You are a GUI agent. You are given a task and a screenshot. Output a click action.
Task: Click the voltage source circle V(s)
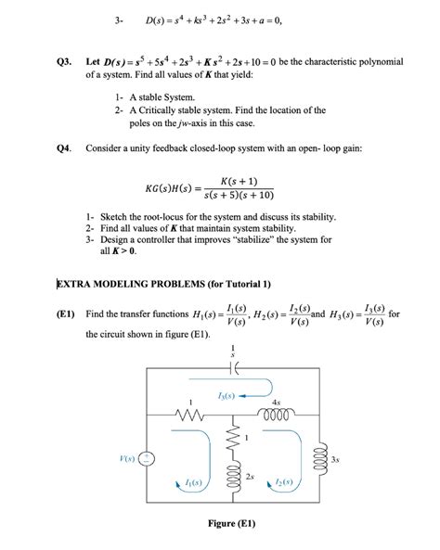pyautogui.click(x=153, y=459)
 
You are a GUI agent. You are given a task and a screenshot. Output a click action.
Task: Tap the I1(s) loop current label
pyautogui.click(x=195, y=483)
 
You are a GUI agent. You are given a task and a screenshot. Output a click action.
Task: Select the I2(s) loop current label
pyautogui.click(x=284, y=483)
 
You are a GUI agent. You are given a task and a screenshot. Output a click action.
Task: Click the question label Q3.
pyautogui.click(x=64, y=61)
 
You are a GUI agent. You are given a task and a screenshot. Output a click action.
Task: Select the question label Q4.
pyautogui.click(x=64, y=148)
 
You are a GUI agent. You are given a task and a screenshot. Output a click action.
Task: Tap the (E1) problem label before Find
pyautogui.click(x=65, y=313)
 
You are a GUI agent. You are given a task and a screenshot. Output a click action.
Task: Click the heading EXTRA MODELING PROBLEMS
pyautogui.click(x=163, y=283)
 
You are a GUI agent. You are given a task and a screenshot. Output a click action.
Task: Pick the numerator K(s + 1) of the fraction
pyautogui.click(x=240, y=181)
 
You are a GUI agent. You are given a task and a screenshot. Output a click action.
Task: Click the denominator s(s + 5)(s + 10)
pyautogui.click(x=240, y=197)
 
